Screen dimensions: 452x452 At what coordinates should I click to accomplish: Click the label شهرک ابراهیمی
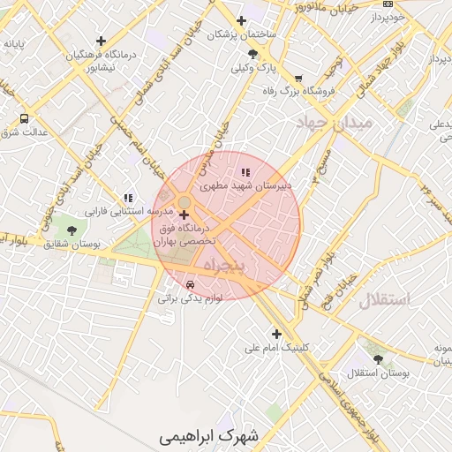click(x=212, y=436)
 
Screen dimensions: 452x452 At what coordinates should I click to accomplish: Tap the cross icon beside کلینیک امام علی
click(x=277, y=334)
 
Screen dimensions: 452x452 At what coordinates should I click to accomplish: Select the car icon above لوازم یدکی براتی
click(x=191, y=284)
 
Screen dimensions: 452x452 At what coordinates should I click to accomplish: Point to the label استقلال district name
click(x=384, y=300)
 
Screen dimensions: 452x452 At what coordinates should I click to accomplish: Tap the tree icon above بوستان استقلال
click(x=379, y=359)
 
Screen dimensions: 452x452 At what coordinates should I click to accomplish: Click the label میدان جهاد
click(x=335, y=120)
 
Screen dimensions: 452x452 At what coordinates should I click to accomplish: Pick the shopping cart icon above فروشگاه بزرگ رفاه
click(x=298, y=78)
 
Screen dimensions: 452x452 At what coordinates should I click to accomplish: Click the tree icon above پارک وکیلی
click(x=253, y=54)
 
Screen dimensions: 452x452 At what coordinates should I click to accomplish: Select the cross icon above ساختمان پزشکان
click(x=240, y=21)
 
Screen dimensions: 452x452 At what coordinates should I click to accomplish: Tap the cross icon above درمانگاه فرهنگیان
click(x=101, y=41)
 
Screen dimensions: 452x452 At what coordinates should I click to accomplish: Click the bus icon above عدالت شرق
click(x=24, y=118)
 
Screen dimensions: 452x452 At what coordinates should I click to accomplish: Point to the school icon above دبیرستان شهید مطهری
click(x=245, y=172)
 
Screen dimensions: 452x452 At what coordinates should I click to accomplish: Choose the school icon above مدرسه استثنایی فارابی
click(x=128, y=199)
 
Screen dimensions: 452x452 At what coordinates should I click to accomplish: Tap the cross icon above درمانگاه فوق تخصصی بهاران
click(x=184, y=215)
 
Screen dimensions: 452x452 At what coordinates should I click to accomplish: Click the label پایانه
click(x=19, y=42)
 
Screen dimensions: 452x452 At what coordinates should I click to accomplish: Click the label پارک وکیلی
click(x=254, y=67)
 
